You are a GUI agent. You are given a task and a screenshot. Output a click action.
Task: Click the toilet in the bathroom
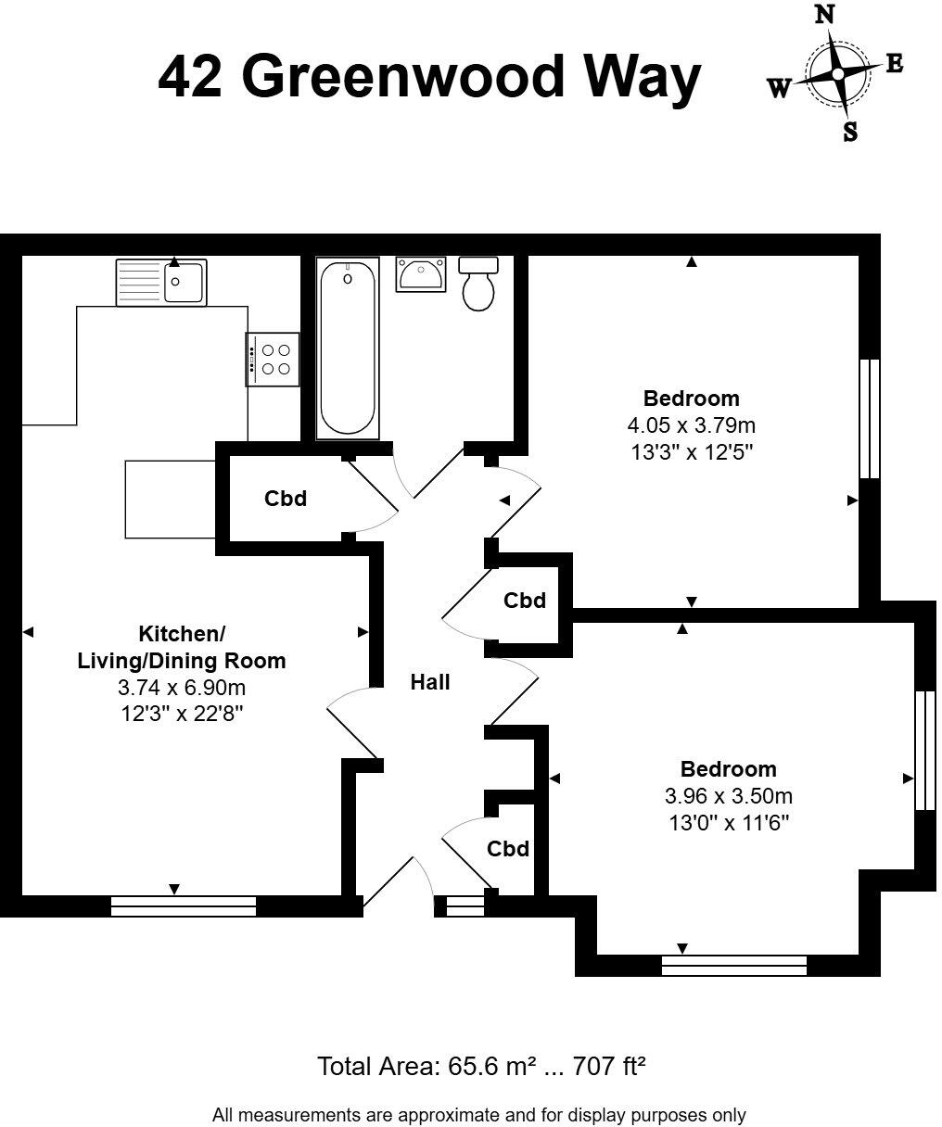[479, 285]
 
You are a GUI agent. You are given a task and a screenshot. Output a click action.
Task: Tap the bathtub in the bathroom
[348, 348]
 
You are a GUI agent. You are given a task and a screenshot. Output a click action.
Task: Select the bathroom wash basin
[421, 275]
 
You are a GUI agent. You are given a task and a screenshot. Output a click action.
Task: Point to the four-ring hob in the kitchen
[274, 359]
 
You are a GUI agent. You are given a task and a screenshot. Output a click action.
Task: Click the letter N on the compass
[824, 16]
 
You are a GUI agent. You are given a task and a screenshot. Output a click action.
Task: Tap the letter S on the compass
[850, 132]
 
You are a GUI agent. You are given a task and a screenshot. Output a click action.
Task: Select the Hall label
[430, 682]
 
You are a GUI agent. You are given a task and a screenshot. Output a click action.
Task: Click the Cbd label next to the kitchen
[286, 499]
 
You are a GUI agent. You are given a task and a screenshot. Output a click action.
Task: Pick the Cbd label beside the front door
[508, 849]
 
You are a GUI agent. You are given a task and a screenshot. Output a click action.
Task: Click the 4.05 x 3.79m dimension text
[691, 426]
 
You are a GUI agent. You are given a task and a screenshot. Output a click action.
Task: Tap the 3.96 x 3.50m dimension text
[728, 796]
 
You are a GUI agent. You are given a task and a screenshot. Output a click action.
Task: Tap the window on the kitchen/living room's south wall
[184, 905]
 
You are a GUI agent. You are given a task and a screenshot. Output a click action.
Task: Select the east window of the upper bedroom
[869, 419]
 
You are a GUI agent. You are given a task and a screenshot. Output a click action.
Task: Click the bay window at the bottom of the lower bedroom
[734, 966]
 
